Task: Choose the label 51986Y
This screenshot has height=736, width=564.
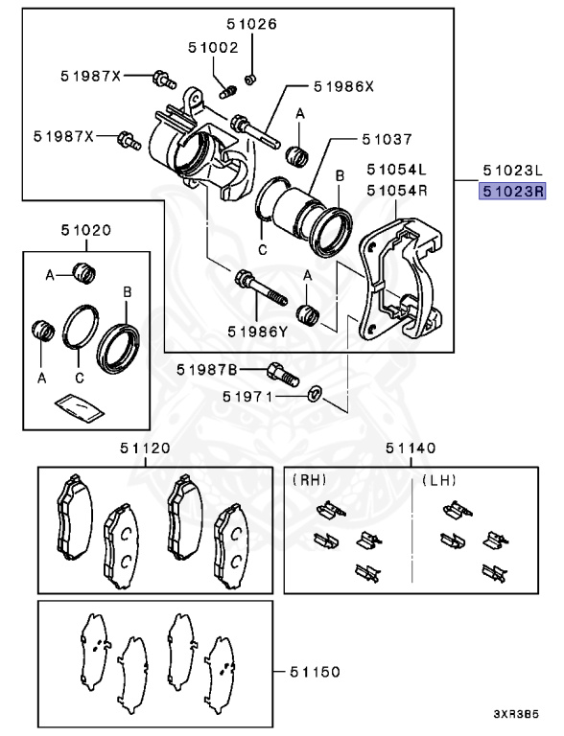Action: click(257, 332)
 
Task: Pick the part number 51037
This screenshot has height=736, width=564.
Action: click(359, 138)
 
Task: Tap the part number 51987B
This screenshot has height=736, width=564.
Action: click(208, 370)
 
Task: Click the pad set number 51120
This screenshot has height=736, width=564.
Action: click(144, 448)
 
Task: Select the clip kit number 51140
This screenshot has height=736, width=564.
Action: click(411, 448)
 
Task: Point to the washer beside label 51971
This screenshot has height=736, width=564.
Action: click(314, 394)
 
